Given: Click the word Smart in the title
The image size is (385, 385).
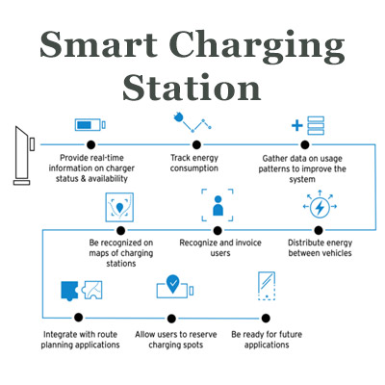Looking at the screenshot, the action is point(99,44).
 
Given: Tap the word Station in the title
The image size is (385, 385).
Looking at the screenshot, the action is point(192,87).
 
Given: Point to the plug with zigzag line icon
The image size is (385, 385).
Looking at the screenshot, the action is point(192,123).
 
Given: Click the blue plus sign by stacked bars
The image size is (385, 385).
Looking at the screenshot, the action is point(297,125).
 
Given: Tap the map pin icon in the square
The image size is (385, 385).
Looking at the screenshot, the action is point(119,207).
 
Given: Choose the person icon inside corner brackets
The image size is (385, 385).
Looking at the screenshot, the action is point(218,205).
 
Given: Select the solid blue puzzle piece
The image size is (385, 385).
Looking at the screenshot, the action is point(69,291).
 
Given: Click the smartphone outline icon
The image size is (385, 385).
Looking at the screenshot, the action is point(267,286).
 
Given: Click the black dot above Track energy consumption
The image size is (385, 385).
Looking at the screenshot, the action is point(196,145).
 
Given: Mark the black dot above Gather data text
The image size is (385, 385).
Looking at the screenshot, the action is point(305,145).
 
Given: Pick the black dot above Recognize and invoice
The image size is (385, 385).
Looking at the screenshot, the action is point(218,230).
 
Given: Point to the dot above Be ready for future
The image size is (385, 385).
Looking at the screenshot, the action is point(266,318).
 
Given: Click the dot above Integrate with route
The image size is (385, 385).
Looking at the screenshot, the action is point(78,318).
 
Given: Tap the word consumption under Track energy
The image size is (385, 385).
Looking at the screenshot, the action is point(194,168).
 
